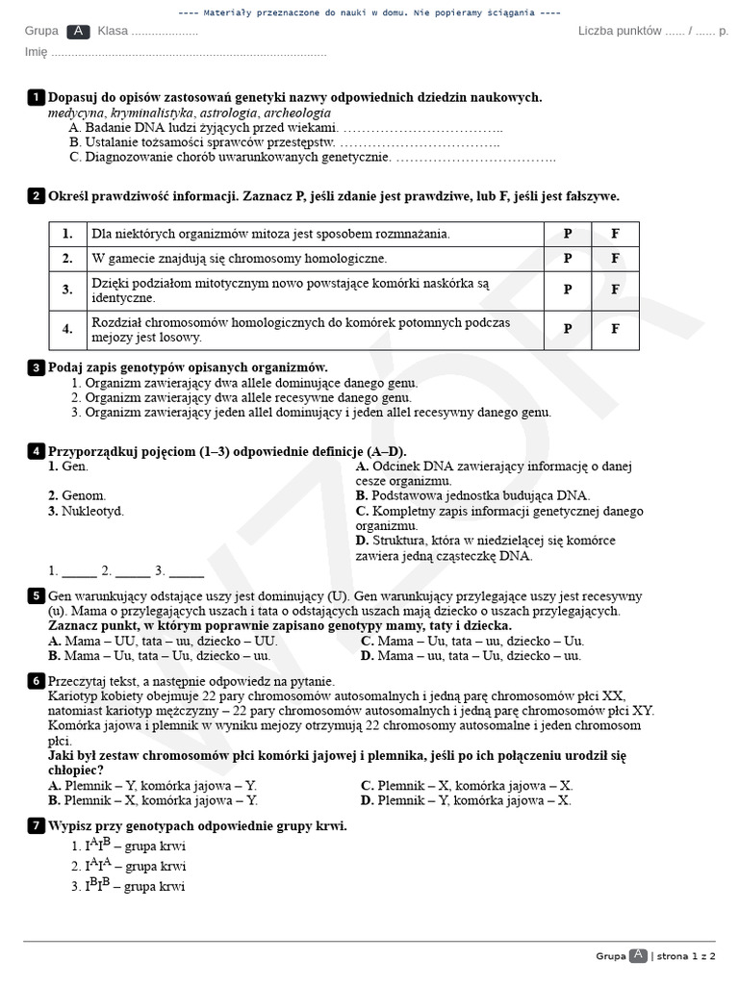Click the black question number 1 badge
click(x=36, y=97)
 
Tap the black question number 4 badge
click(x=36, y=451)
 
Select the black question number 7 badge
click(x=36, y=825)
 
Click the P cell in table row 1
click(x=568, y=234)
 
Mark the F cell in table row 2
click(x=616, y=258)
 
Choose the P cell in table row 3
click(x=568, y=290)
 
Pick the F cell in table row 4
click(x=616, y=329)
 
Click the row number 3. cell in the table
click(x=67, y=290)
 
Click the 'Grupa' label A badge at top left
click(x=79, y=31)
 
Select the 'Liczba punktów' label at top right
click(x=620, y=31)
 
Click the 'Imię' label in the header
click(x=36, y=53)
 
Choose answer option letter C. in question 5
click(x=368, y=641)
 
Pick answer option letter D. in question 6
click(x=368, y=799)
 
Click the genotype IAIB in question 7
click(x=97, y=846)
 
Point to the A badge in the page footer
click(x=638, y=955)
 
